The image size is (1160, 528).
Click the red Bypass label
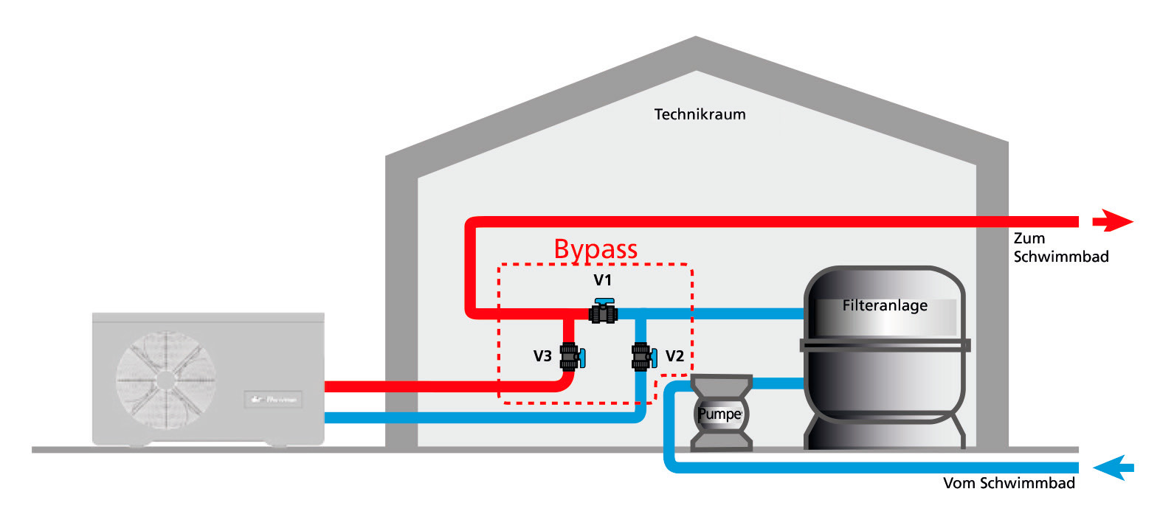[x=595, y=249]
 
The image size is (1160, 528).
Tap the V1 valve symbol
[x=604, y=312]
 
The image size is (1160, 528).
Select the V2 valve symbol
[x=643, y=357]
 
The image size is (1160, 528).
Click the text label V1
[x=603, y=280]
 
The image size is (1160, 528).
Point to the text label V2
[x=674, y=356]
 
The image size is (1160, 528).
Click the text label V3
[x=542, y=356]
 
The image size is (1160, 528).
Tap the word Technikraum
[x=700, y=114]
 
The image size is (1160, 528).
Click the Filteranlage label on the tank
[x=885, y=305]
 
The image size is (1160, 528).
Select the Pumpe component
[x=720, y=413]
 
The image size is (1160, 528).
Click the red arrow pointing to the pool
[x=1112, y=220]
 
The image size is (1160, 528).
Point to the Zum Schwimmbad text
[x=1060, y=248]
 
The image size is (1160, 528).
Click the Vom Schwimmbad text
[x=1009, y=483]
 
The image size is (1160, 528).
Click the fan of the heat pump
[x=165, y=381]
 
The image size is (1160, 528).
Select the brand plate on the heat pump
[x=273, y=400]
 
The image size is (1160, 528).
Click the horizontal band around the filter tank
[x=885, y=345]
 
